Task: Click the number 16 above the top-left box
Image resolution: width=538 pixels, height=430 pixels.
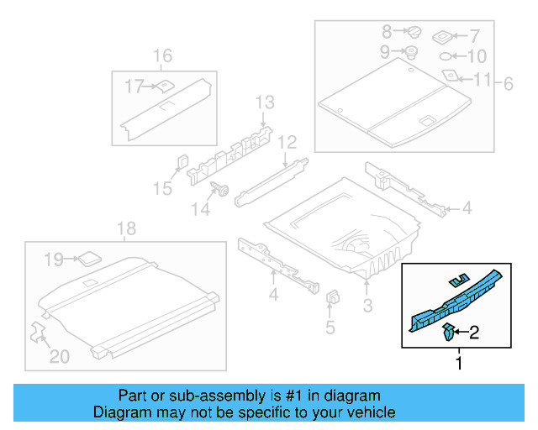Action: coord(162,56)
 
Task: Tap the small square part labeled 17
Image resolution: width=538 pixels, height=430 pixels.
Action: coord(166,85)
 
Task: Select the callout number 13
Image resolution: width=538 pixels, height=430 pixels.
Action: coord(265,102)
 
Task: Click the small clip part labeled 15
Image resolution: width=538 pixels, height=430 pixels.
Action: coord(182,162)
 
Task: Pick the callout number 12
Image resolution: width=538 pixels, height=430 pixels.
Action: coord(287,141)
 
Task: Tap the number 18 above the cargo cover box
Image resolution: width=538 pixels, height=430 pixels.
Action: coord(126,229)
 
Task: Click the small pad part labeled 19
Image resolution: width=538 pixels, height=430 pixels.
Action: coord(88,260)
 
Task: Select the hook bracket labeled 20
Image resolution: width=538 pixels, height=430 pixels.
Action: coord(39,332)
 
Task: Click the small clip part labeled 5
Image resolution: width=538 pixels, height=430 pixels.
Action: coord(331,297)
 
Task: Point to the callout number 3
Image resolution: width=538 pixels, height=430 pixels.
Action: coord(367,304)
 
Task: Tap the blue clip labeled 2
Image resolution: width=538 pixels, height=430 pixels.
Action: coord(450,333)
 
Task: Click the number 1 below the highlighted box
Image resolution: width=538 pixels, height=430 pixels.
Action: coord(458,364)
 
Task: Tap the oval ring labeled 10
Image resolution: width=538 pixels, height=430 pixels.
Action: coord(448,57)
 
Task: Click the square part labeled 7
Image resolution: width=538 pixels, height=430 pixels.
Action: coord(443,36)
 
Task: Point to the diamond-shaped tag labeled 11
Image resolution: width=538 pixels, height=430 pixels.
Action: coord(452,76)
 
